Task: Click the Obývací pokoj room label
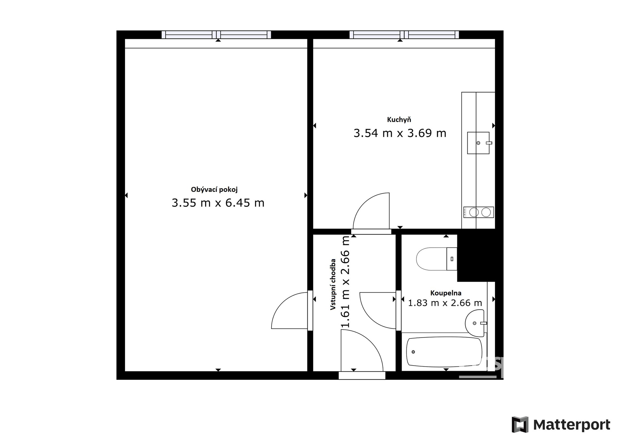[x=214, y=190]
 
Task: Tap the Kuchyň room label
[x=399, y=120]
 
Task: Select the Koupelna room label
[x=446, y=293]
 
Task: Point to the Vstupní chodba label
[x=333, y=284]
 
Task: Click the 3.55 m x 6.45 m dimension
[x=218, y=203]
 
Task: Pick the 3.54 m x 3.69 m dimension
[x=400, y=133]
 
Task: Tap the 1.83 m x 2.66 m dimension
[x=445, y=303]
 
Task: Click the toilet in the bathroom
[x=437, y=259]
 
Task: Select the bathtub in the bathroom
[x=444, y=352]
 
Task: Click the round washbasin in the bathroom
[x=475, y=322]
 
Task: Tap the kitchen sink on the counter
[x=479, y=143]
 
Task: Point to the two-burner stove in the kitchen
[x=479, y=212]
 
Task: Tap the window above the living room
[x=216, y=35]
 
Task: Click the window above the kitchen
[x=404, y=35]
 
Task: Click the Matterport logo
[x=561, y=424]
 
